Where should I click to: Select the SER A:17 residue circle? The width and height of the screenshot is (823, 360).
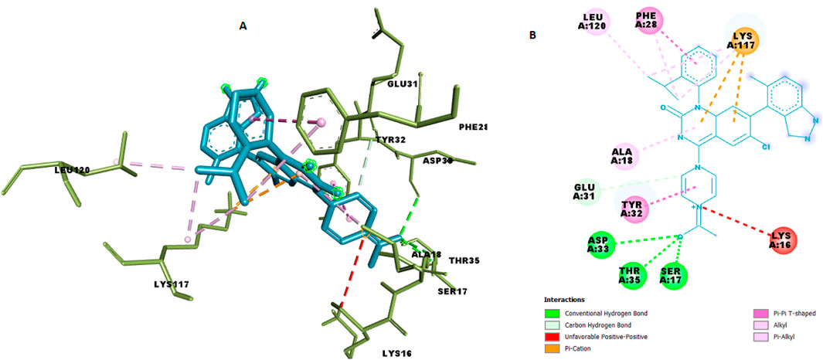673,274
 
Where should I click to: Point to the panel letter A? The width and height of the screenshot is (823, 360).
243,26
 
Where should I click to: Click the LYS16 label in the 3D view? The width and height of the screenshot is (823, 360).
397,353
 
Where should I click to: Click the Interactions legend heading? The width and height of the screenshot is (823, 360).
564,299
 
